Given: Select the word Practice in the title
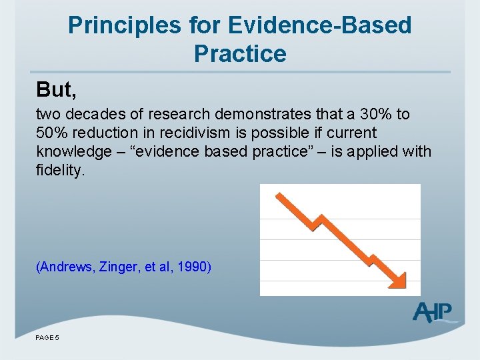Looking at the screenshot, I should (240, 53).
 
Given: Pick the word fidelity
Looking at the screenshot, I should (61, 171).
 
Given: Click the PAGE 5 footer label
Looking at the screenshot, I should (47, 338).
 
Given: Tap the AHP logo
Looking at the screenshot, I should (433, 312).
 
